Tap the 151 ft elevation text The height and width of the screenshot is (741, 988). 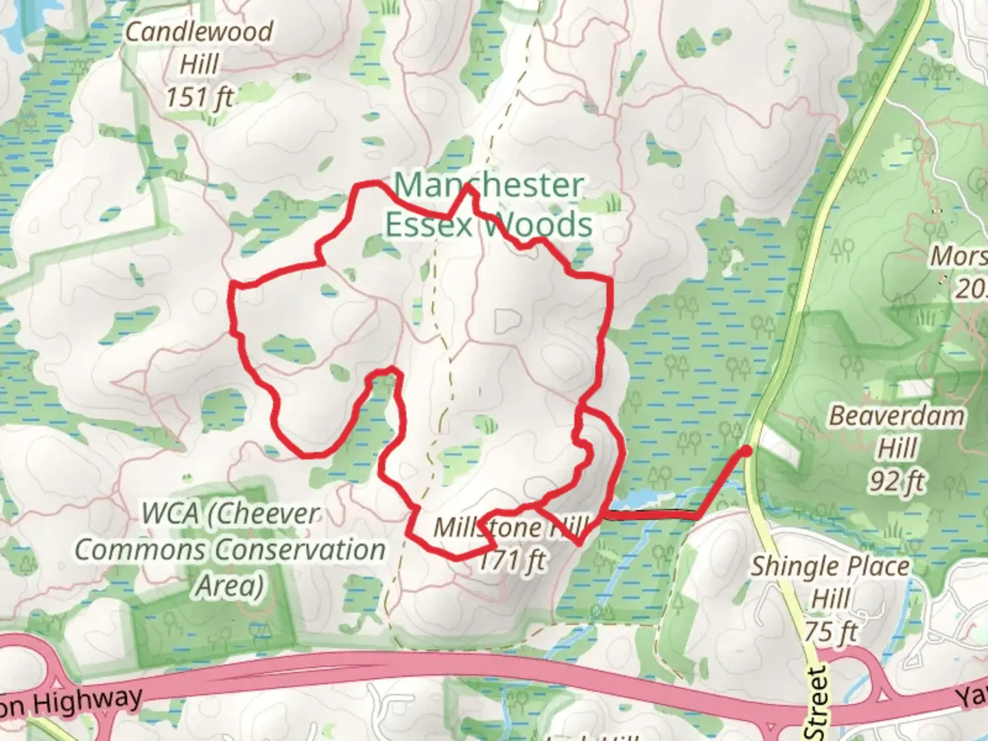(199, 98)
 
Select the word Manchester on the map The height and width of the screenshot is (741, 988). (489, 185)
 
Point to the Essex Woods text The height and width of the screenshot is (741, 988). (488, 225)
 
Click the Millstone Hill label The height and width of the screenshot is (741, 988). (511, 528)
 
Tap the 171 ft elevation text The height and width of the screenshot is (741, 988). (511, 561)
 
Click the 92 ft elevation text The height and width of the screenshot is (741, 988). (897, 482)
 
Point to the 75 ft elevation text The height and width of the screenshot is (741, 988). (832, 631)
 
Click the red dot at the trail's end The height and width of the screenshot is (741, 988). (746, 450)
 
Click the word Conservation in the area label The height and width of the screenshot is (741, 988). (300, 550)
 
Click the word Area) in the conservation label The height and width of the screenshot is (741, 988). (229, 587)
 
